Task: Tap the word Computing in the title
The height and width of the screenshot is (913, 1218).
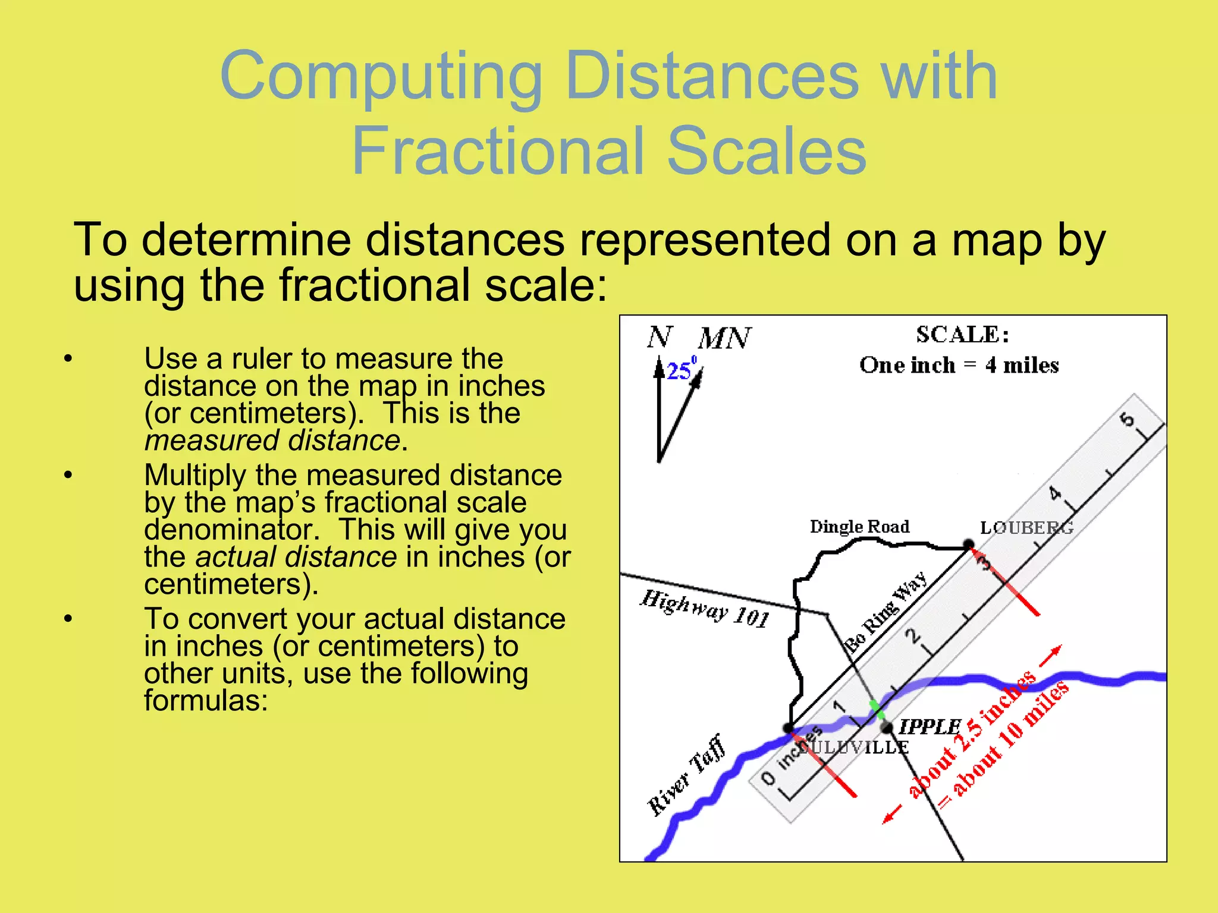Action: pos(381,75)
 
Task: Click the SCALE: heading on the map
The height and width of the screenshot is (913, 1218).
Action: pos(962,335)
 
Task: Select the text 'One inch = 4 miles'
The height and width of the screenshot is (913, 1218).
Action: pos(959,365)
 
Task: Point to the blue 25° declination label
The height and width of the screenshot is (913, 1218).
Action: pos(680,370)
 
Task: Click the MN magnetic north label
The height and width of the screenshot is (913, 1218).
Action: pos(724,338)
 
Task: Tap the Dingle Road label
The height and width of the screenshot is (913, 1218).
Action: pos(859,527)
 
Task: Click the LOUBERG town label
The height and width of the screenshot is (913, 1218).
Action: pos(1026,527)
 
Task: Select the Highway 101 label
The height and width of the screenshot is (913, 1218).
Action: pos(705,609)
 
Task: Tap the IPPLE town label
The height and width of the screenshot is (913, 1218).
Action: pos(930,726)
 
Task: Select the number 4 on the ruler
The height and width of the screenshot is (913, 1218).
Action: pos(1054,493)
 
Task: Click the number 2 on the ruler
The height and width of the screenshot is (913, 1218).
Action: pos(912,637)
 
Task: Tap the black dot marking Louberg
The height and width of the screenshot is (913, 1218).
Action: pos(968,544)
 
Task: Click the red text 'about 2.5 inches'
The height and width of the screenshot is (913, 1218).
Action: pos(972,735)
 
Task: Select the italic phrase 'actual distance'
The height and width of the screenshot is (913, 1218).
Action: pos(296,557)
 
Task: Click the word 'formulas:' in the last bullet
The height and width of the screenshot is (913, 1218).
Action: pos(206,700)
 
